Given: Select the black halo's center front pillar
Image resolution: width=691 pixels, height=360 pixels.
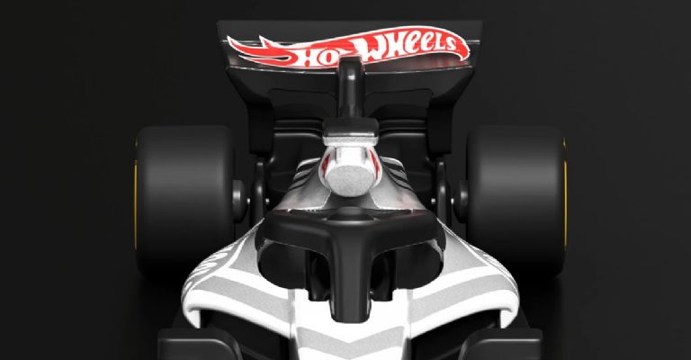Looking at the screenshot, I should [x=347, y=288].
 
